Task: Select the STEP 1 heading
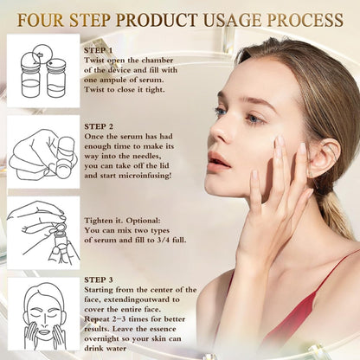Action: tap(100, 49)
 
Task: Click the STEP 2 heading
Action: tap(100, 126)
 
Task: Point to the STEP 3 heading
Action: tap(100, 279)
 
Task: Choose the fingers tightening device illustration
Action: tap(43, 231)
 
